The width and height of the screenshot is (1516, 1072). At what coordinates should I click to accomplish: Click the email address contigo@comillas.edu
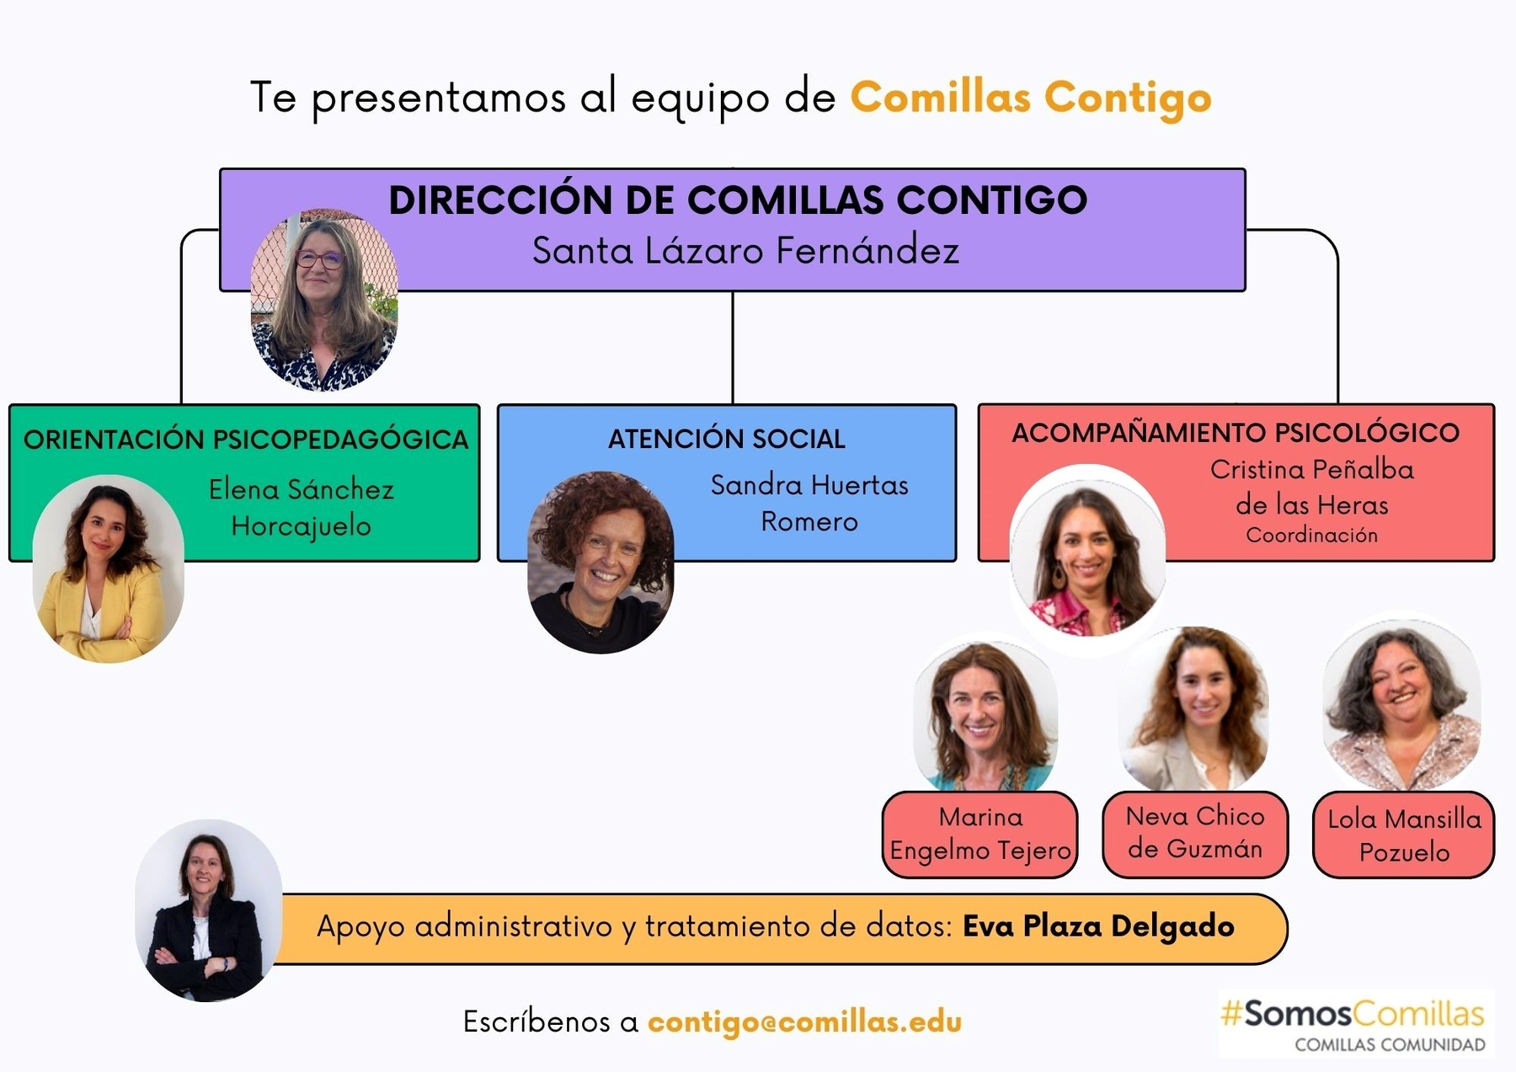804,1021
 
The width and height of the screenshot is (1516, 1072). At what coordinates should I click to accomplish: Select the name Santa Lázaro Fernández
745,251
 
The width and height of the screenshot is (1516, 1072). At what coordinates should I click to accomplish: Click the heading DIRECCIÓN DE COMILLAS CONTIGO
738,200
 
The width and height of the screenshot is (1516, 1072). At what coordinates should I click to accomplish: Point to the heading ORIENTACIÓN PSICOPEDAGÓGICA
245,440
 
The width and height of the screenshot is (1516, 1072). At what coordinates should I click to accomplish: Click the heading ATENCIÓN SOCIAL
726,439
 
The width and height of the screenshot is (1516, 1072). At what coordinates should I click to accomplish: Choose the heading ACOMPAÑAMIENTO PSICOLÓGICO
1235,433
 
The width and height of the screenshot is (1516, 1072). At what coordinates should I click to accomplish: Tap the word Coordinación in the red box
1311,536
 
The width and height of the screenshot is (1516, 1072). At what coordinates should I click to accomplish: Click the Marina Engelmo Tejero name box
980,835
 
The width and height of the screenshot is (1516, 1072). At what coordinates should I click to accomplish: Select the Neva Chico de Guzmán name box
1195,834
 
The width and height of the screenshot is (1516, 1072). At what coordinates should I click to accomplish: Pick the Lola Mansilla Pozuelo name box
1404,835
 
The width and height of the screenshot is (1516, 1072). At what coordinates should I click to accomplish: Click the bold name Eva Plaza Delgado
1098,926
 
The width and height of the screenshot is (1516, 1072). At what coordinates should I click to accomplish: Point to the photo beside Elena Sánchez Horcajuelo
108,569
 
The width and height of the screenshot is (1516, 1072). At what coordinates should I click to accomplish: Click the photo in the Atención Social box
601,563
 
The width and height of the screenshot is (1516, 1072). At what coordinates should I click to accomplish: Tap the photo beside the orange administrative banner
208,910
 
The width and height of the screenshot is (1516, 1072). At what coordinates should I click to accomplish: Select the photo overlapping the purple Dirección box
324,300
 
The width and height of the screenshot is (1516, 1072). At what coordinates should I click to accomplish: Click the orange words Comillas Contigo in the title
1030,98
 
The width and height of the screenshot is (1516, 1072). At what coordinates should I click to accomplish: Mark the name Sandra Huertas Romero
809,503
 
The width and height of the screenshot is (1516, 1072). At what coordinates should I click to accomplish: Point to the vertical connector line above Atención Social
733,347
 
